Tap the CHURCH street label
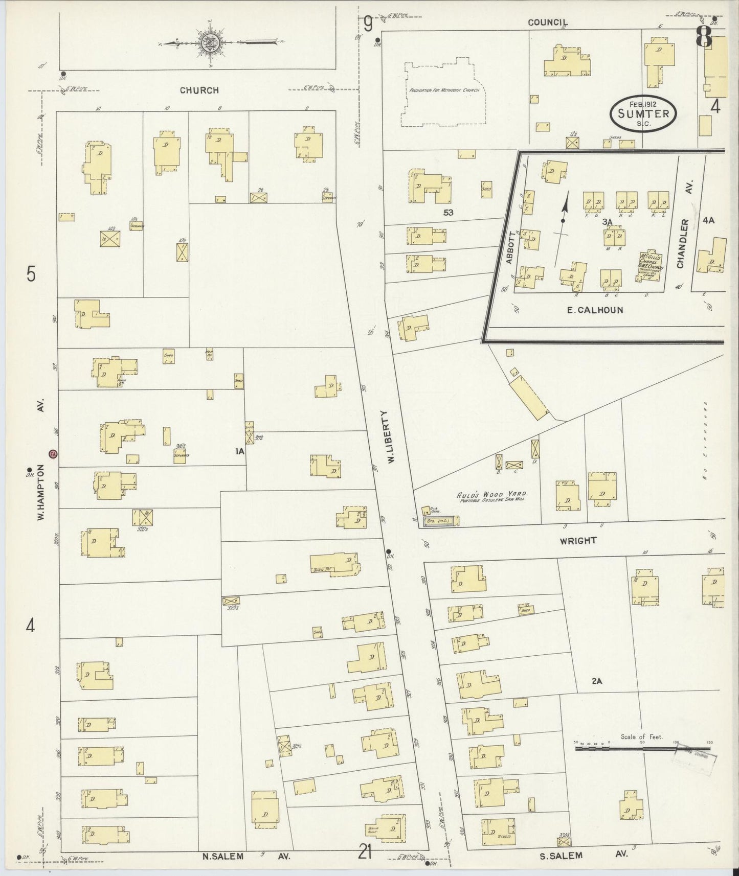[199, 90]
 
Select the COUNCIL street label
[548, 22]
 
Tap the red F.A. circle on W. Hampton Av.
[53, 453]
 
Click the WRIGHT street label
[578, 541]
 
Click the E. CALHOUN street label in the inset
[595, 310]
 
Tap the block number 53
[449, 212]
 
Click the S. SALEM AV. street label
[577, 855]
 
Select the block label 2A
[597, 681]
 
